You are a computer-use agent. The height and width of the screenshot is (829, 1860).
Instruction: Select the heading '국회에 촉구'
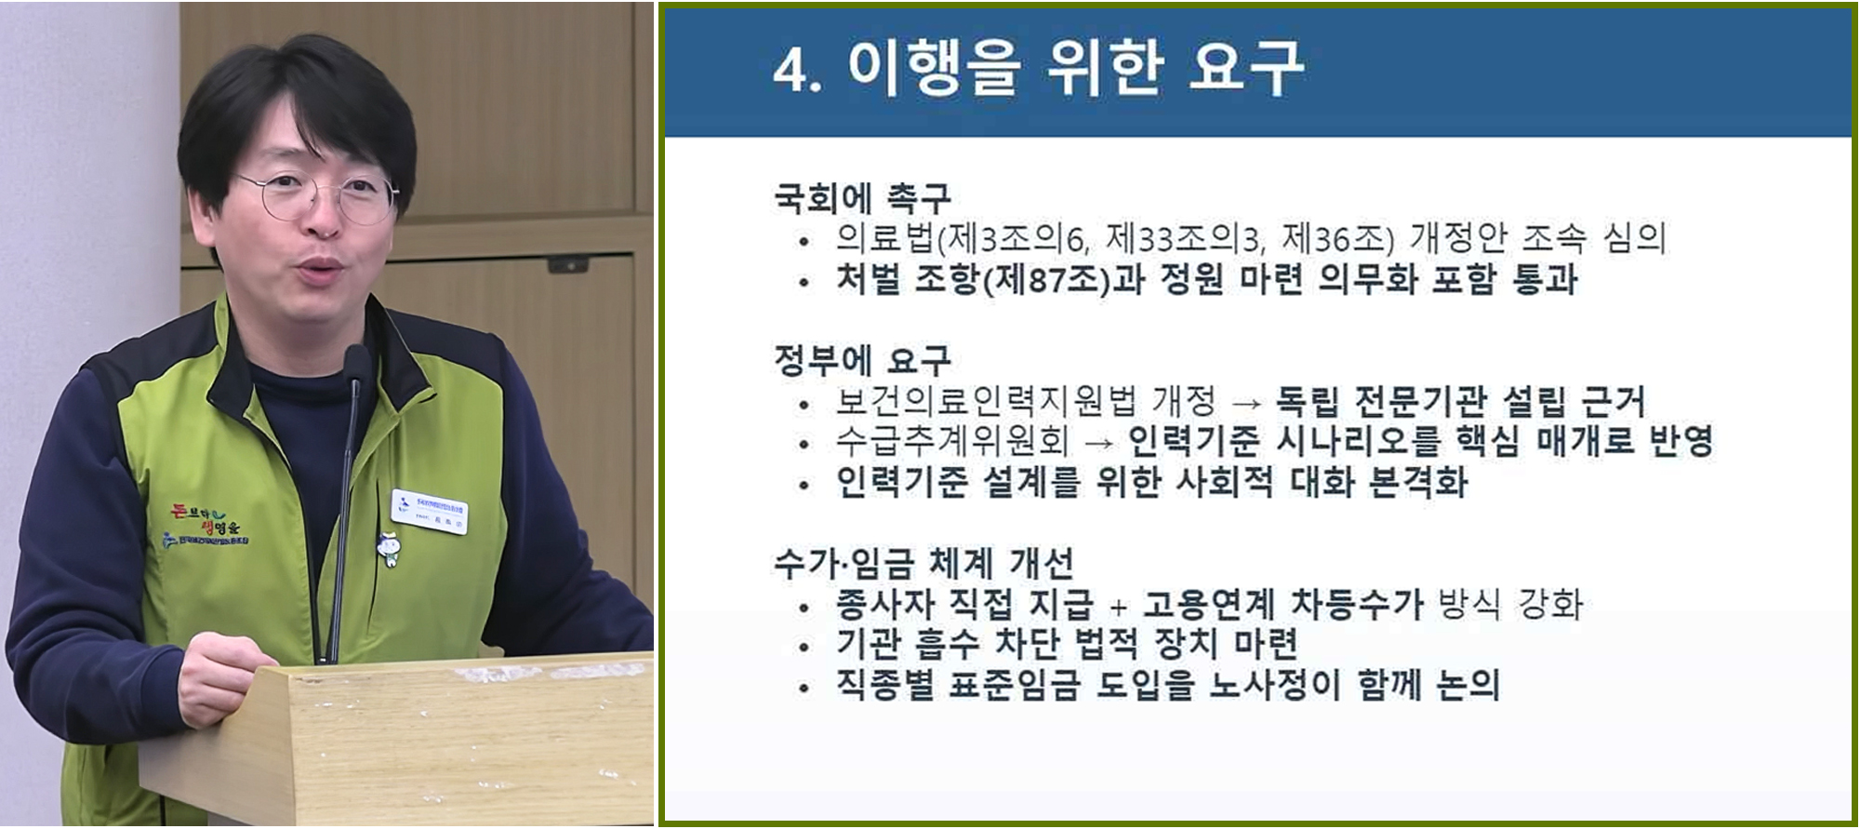pos(862,196)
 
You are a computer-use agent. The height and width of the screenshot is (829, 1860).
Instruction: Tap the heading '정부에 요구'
pos(862,359)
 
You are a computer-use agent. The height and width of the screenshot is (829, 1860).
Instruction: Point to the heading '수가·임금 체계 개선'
pos(923,563)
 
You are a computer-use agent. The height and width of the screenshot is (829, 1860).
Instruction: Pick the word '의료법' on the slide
pos(884,239)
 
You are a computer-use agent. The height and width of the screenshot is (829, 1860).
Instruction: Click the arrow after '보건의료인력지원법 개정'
pos(1246,404)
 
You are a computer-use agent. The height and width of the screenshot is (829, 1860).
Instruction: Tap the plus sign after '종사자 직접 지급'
pos(1118,608)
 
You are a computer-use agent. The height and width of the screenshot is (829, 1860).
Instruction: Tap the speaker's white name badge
pos(431,510)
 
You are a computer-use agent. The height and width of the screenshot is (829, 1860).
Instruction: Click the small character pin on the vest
pos(390,548)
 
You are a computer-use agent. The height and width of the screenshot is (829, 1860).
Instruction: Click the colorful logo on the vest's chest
pos(206,526)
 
